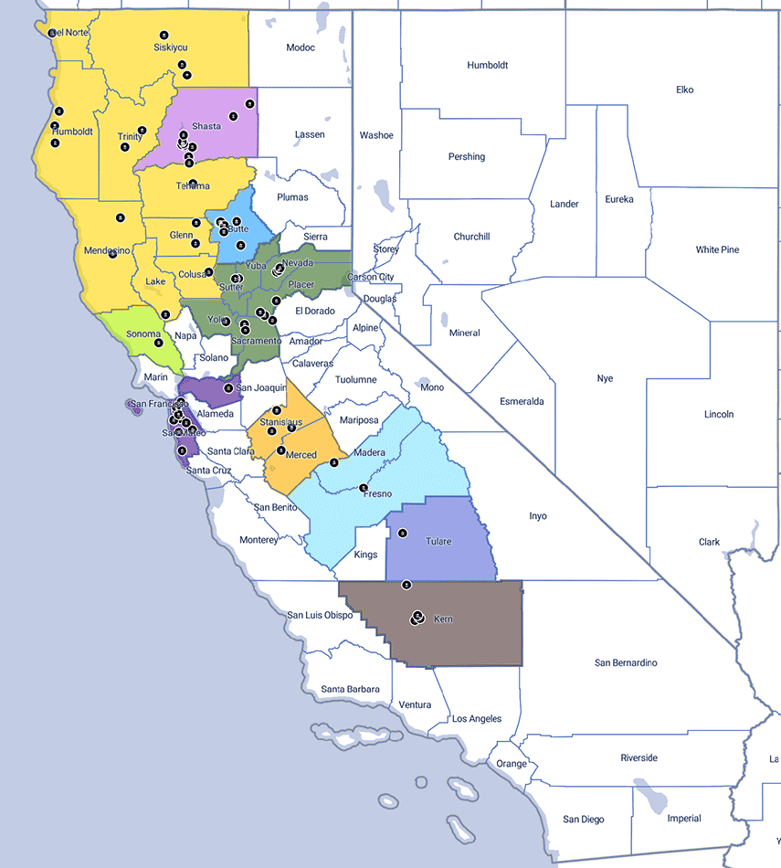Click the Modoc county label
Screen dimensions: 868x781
[x=300, y=48]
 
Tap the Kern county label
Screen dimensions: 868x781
[x=443, y=619]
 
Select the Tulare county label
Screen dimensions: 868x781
[x=438, y=542]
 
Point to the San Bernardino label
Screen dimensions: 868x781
[x=626, y=662]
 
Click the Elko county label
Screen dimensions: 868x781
[x=685, y=90]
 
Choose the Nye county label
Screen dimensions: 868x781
[x=605, y=378]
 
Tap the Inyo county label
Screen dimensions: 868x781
[x=538, y=516]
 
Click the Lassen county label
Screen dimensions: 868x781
[x=310, y=134]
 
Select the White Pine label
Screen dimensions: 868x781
[x=717, y=249]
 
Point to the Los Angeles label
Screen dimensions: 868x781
[x=477, y=719]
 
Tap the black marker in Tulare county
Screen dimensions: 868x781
[x=403, y=534]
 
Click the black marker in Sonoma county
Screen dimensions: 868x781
[x=165, y=314]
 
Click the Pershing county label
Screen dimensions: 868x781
[x=467, y=156]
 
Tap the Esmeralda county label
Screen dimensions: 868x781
[x=522, y=401]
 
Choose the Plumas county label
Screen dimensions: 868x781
[x=293, y=197]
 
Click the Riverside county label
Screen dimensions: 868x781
[x=639, y=757]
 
